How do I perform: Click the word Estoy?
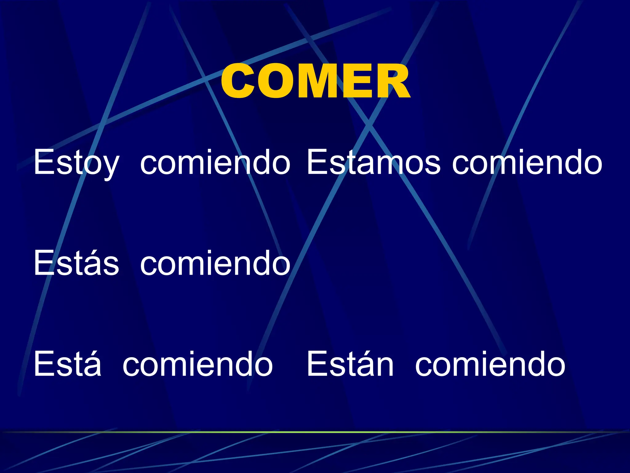[x=76, y=162]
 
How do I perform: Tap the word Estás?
[x=76, y=263]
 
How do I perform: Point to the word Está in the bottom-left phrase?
[x=67, y=364]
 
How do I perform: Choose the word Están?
[x=350, y=364]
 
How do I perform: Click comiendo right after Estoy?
[x=215, y=162]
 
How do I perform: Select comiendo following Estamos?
[x=527, y=162]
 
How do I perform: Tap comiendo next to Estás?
[x=215, y=263]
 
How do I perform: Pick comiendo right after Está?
[x=197, y=364]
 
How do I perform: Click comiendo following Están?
[x=490, y=364]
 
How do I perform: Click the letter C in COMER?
[x=238, y=82]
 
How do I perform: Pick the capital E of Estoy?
[x=43, y=162]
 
